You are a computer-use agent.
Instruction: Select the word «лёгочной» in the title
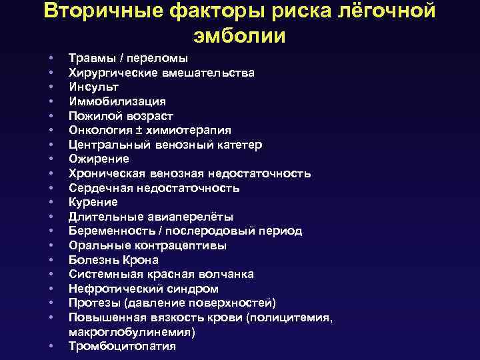(x=384, y=11)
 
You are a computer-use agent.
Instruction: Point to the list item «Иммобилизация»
(x=117, y=101)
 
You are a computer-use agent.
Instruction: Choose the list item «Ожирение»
(x=99, y=159)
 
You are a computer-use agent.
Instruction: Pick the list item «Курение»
(x=93, y=202)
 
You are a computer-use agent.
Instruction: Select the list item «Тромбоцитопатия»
(x=122, y=346)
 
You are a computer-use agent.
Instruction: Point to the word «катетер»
(x=238, y=145)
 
